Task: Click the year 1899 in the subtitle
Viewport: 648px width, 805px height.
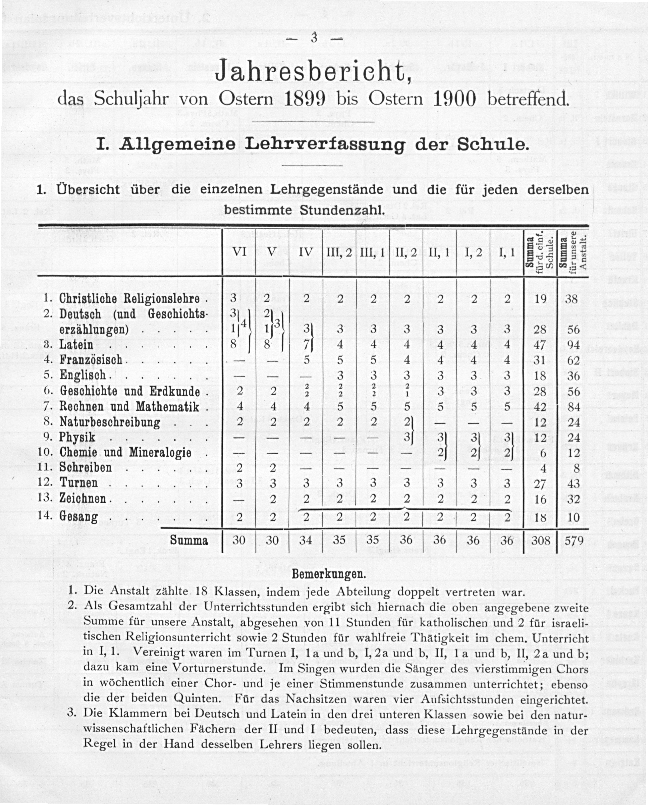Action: [x=304, y=99]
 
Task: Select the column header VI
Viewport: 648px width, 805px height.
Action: [x=239, y=252]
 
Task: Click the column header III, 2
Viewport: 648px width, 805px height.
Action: [x=339, y=252]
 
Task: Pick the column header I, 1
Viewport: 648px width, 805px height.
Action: [x=506, y=252]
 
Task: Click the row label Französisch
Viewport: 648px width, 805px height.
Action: [x=91, y=360]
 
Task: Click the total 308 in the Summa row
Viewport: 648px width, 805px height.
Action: [x=540, y=540]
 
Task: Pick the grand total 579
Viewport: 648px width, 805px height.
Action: [x=574, y=540]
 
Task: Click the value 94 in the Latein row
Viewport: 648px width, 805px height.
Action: [x=574, y=345]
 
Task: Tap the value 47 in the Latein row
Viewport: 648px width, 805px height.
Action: [x=540, y=345]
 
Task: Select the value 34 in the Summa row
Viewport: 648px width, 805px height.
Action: [x=306, y=540]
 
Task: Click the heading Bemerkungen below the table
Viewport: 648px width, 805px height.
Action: [x=328, y=574]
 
